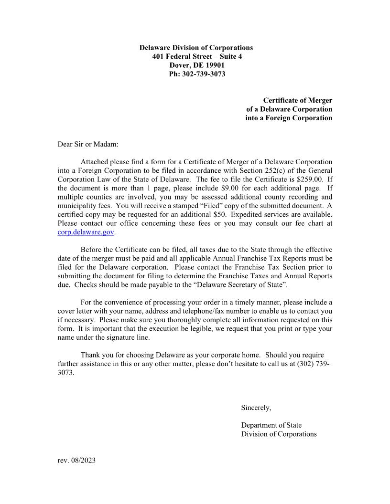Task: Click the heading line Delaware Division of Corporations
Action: (x=196, y=48)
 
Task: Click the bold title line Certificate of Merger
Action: (x=297, y=100)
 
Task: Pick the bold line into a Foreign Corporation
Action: (x=289, y=118)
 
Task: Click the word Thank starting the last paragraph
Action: (x=90, y=355)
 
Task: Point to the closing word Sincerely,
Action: (x=256, y=408)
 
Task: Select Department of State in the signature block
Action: (x=271, y=425)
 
